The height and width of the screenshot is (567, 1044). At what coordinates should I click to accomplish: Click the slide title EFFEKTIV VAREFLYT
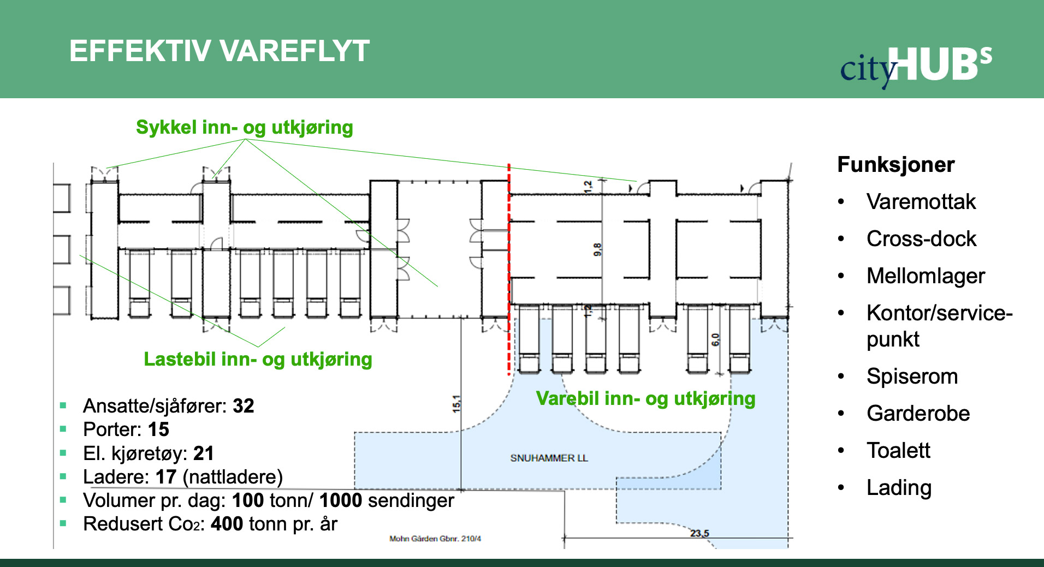(x=219, y=51)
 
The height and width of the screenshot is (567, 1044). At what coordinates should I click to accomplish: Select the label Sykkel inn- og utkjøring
(x=244, y=127)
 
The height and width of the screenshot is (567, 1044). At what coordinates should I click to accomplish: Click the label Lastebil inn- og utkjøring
(x=258, y=359)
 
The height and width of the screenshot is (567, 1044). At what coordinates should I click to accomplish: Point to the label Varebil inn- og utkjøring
(x=645, y=398)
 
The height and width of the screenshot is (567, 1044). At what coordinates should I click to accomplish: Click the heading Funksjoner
(x=895, y=164)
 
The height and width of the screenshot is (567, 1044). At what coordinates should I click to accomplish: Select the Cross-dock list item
(x=921, y=238)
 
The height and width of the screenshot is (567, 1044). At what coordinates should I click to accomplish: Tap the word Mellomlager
(x=926, y=276)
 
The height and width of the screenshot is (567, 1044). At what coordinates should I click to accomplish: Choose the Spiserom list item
(x=912, y=376)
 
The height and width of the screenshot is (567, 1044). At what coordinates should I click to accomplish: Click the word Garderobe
(x=918, y=413)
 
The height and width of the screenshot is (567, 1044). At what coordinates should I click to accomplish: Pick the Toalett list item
(x=898, y=450)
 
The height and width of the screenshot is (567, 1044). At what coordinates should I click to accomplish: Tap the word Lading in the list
(x=899, y=487)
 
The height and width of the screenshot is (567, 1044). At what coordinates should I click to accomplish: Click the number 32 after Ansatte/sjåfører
(x=244, y=406)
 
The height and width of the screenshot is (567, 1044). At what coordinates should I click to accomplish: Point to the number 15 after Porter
(x=158, y=429)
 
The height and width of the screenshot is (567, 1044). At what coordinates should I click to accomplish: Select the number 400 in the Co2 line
(x=227, y=524)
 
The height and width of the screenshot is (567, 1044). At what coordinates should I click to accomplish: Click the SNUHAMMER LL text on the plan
(x=549, y=458)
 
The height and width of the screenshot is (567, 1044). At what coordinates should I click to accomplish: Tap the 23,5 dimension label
(x=699, y=533)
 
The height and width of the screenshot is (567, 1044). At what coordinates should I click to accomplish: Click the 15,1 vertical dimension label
(x=456, y=404)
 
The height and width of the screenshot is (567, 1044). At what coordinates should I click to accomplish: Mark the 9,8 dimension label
(x=597, y=250)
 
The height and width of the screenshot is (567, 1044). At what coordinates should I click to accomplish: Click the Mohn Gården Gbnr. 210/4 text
(x=435, y=539)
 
